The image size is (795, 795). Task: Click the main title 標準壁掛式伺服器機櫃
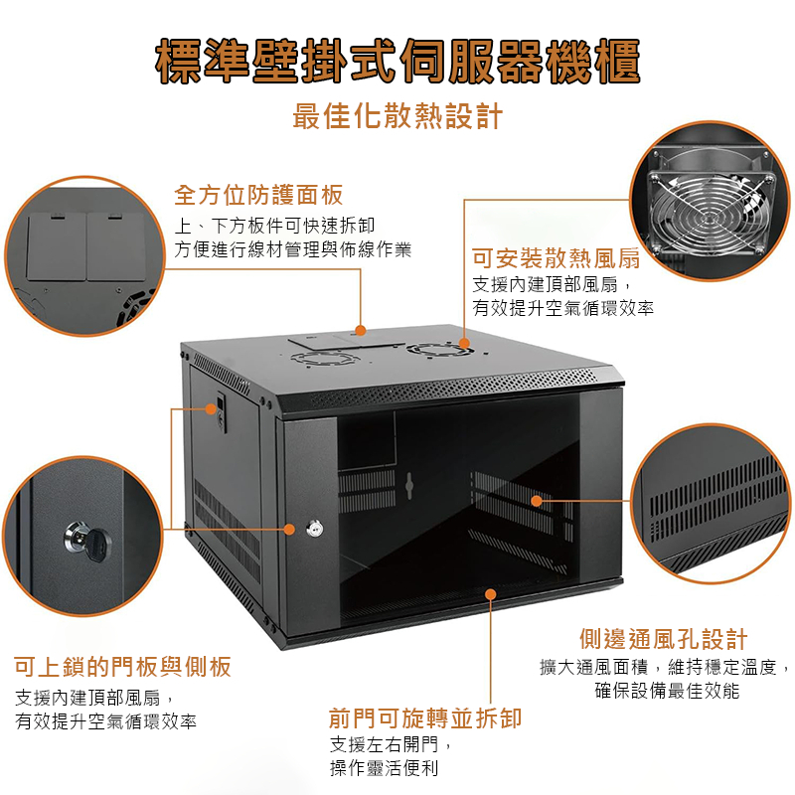[x=398, y=61]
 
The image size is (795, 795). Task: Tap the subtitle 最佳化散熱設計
[x=398, y=116]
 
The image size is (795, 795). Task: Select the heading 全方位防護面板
[x=258, y=195]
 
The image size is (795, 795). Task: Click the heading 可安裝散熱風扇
[x=556, y=258]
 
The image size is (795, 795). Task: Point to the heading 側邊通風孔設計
[x=664, y=639]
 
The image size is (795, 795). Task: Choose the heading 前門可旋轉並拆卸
[x=425, y=718]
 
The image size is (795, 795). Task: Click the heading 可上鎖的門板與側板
[x=122, y=667]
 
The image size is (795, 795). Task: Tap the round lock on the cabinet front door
[x=315, y=529]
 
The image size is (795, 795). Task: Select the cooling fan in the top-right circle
[x=710, y=212]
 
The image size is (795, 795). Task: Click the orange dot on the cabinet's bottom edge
[x=490, y=593]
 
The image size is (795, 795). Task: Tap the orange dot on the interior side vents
[x=537, y=501]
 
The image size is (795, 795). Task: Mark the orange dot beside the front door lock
[x=289, y=530]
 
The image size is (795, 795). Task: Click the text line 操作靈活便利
[x=384, y=768]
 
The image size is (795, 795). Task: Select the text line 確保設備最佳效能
[x=667, y=691]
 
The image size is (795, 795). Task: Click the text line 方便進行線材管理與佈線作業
[x=292, y=249]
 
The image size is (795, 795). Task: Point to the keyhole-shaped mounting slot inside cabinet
[x=409, y=486]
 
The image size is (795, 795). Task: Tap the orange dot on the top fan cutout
[x=464, y=343]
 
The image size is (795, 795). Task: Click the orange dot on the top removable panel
[x=361, y=331]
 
